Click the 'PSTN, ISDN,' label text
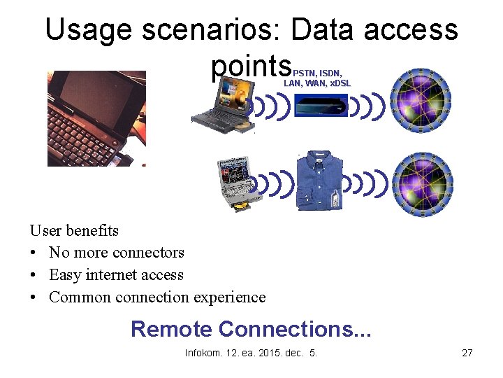321,73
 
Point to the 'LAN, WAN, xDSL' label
316,83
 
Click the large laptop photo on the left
96,118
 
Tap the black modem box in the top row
321,107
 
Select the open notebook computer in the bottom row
235,183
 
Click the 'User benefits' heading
74,230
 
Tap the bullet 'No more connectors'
116,253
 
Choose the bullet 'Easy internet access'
116,275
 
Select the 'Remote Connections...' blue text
251,328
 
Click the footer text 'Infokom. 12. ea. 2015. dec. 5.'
251,353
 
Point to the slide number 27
467,353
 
